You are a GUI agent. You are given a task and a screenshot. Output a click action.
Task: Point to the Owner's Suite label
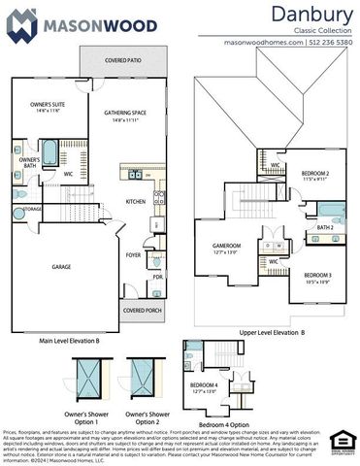[x=46, y=106]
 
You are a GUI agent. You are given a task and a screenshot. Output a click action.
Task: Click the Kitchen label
[x=136, y=202]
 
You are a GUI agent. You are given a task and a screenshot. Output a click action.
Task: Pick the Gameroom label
[x=226, y=249]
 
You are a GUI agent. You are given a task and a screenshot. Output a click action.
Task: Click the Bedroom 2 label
[x=315, y=175]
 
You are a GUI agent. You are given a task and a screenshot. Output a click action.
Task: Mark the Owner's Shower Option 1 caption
[x=88, y=418]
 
